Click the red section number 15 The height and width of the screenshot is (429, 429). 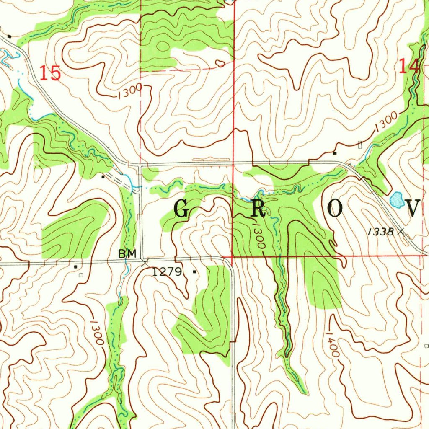(51, 73)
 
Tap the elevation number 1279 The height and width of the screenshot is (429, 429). (167, 272)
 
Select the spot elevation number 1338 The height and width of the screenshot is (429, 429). (381, 232)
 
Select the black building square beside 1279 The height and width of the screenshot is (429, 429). (194, 272)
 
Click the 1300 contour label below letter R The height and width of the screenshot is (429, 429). (258, 236)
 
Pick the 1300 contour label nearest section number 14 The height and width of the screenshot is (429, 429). (385, 121)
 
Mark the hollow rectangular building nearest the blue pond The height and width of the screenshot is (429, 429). (361, 144)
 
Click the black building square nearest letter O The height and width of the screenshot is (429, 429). (334, 153)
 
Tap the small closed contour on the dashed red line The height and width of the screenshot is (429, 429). (220, 64)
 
